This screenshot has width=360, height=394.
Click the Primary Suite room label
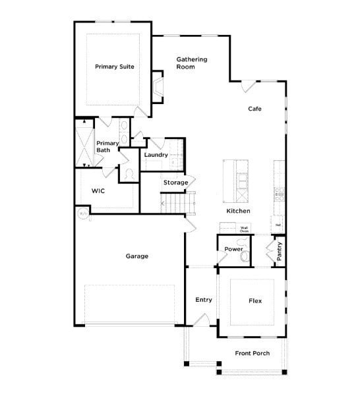115,67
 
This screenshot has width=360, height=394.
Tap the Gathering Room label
191,63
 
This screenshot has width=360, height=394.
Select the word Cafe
255,109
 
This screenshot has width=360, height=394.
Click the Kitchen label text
238,211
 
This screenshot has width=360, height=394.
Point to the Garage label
136,256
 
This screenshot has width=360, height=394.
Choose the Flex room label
255,301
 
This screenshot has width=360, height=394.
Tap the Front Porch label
252,354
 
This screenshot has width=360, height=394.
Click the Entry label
204,300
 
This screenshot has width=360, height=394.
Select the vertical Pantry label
280,252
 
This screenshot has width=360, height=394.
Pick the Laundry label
156,155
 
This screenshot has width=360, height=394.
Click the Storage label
176,183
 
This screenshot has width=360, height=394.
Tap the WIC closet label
98,190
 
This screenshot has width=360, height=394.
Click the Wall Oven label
244,230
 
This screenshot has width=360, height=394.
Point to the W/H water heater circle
83,213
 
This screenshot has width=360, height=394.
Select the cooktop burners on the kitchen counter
279,192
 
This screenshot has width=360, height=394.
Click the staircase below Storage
179,203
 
